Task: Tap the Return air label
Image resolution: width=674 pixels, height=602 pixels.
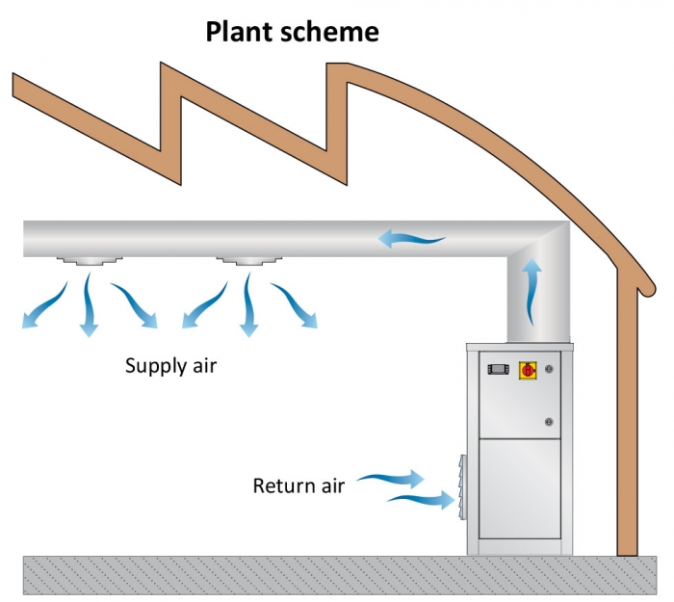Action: click(x=298, y=485)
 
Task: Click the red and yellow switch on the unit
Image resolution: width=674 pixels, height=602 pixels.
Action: click(x=527, y=369)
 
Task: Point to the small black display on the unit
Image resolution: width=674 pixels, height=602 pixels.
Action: click(x=498, y=369)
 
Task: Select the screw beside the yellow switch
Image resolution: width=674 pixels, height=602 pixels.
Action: click(x=550, y=369)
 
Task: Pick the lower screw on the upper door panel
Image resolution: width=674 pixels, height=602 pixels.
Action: click(x=550, y=421)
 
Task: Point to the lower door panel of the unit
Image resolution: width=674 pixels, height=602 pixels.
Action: click(x=520, y=489)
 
